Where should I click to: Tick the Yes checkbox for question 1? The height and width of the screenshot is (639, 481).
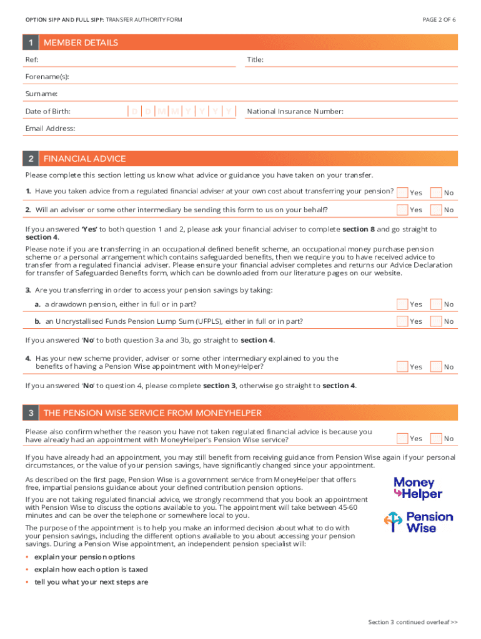(403, 192)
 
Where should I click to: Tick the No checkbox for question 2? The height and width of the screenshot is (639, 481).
(437, 210)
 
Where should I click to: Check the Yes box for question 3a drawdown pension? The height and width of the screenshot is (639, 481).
(403, 304)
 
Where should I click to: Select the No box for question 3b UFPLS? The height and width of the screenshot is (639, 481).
(437, 321)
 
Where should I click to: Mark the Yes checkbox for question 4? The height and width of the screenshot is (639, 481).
(403, 366)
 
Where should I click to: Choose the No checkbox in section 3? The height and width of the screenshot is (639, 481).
(437, 439)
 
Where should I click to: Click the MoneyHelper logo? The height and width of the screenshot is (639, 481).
(418, 488)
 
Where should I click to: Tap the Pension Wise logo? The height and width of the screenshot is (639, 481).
(418, 522)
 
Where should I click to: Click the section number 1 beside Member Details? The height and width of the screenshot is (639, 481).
(30, 42)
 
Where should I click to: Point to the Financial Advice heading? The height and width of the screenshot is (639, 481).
(84, 159)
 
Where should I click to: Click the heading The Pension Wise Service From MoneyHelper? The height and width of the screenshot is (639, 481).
(152, 413)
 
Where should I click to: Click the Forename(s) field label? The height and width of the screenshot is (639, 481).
(47, 77)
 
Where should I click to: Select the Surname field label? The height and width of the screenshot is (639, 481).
(41, 94)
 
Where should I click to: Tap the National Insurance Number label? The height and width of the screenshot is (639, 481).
(295, 111)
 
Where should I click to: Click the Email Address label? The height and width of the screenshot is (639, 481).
(50, 129)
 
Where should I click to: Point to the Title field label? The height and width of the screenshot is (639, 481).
(255, 59)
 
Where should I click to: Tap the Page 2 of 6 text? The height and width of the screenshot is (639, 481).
(439, 20)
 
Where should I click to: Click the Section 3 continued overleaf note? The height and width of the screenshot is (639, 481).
(413, 622)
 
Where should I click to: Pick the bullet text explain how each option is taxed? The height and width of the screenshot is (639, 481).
(91, 570)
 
